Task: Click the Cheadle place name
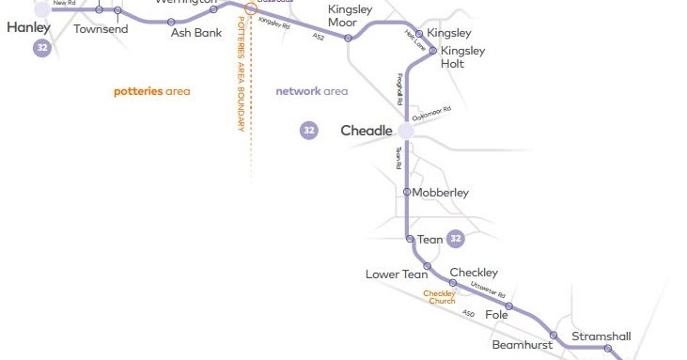pos(366,131)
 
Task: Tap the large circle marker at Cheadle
pos(406,131)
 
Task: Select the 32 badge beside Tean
pos(456,239)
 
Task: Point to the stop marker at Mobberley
pos(406,192)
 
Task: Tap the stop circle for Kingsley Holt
pos(433,52)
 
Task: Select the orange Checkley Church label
pos(439,297)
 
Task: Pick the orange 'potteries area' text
pos(152,91)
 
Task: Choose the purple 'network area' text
pos(311,91)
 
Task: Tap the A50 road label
pos(468,312)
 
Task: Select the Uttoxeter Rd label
pos(488,293)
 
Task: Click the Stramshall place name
pos(601,337)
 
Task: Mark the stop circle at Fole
pos(509,306)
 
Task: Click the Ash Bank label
pos(195,32)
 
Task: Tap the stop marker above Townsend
pos(117,11)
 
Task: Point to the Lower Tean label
pos(397,274)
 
